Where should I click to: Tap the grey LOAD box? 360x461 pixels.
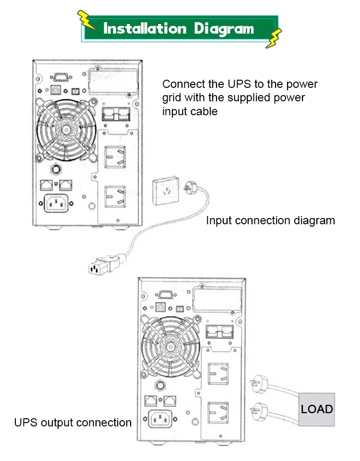(317, 409)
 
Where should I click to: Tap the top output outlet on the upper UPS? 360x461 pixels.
(115, 157)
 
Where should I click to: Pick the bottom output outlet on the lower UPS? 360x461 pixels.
(219, 413)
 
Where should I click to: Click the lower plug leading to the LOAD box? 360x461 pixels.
(255, 409)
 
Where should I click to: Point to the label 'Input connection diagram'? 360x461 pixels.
(270, 220)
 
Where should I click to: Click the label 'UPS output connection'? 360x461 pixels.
(73, 423)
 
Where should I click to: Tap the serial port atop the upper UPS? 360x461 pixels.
(60, 77)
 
